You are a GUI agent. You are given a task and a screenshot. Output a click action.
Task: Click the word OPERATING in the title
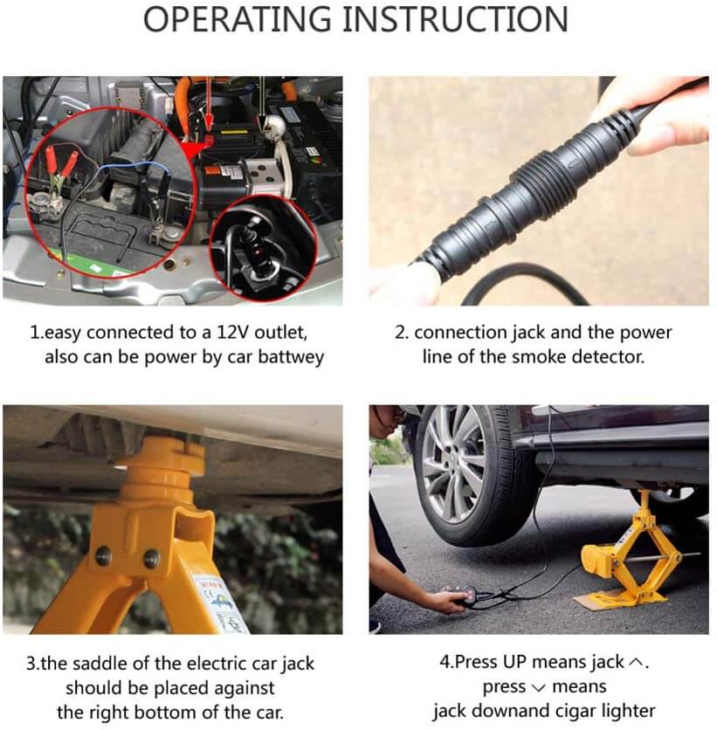click(x=237, y=19)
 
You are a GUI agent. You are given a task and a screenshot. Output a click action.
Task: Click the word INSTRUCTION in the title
click(x=455, y=19)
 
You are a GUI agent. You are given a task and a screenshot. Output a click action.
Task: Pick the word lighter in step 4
click(x=628, y=712)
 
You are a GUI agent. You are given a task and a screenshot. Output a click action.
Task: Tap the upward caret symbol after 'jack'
click(x=636, y=662)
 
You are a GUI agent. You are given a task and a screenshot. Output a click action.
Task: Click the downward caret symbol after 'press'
click(x=538, y=687)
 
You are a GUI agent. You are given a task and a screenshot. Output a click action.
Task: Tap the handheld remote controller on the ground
click(x=460, y=597)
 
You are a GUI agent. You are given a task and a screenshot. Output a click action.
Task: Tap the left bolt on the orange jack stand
click(x=102, y=555)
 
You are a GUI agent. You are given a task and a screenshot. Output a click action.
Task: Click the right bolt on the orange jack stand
click(x=151, y=558)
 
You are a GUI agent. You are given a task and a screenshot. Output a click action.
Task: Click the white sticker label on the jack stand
click(x=220, y=604)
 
